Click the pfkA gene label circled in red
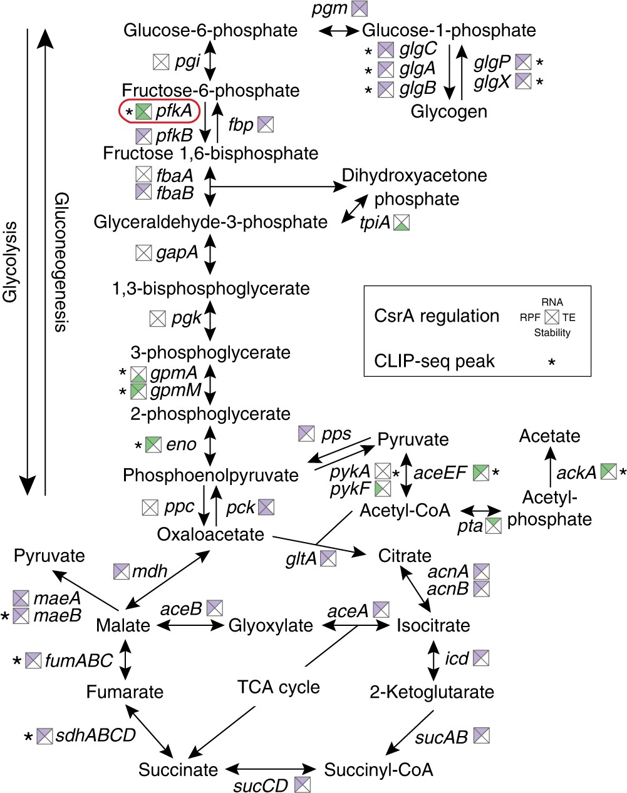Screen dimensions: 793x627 (x=174, y=111)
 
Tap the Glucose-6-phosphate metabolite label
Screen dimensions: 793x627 (x=210, y=30)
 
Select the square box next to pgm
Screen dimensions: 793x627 (x=360, y=9)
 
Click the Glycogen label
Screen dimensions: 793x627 (x=448, y=111)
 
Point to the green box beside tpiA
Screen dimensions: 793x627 (x=402, y=222)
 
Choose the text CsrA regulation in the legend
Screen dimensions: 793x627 (x=437, y=315)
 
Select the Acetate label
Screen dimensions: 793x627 (x=549, y=436)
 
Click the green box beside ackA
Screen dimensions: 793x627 (x=608, y=472)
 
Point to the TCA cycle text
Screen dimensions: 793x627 (x=279, y=687)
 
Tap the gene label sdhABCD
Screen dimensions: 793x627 (x=95, y=735)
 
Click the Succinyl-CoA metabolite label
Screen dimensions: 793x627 (x=378, y=769)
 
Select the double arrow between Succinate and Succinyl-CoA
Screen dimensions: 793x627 (x=271, y=769)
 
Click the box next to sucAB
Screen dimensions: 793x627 (x=481, y=735)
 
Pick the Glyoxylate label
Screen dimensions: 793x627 (x=271, y=625)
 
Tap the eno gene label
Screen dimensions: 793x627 (x=182, y=444)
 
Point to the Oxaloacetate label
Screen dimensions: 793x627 (x=210, y=535)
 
